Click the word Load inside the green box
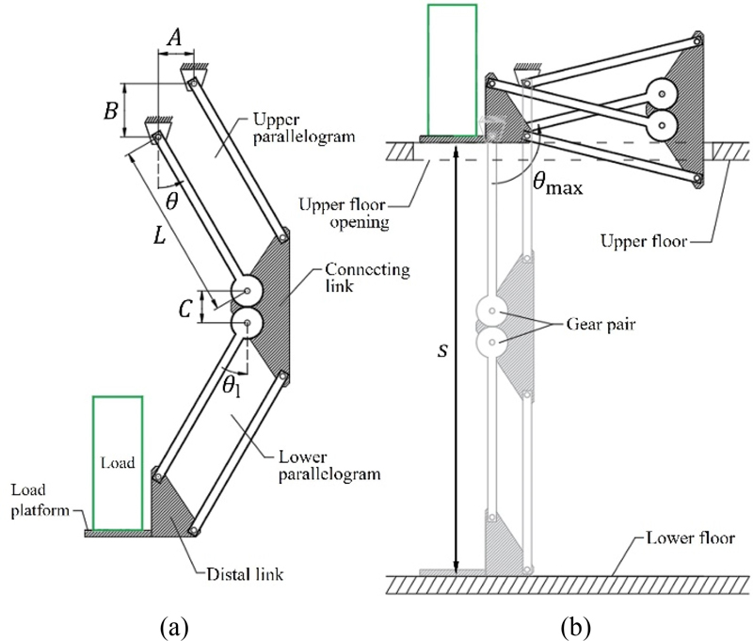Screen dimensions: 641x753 118,463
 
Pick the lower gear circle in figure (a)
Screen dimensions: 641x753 247,324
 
